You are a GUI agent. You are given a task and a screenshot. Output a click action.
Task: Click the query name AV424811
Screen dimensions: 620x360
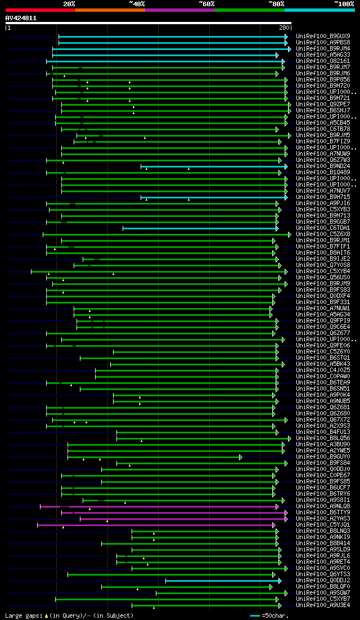[21, 18]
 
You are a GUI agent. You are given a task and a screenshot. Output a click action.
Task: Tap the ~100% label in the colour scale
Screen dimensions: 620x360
[344, 3]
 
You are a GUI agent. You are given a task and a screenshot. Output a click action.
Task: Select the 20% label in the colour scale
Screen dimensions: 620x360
[69, 3]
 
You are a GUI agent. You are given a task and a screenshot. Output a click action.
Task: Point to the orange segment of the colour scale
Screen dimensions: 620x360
[110, 10]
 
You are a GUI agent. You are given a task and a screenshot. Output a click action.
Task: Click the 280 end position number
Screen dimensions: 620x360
[283, 28]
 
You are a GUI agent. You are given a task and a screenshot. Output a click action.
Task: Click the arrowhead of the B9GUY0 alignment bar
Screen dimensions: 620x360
[241, 457]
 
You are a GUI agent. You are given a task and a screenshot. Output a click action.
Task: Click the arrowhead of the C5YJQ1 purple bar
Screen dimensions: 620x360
[274, 525]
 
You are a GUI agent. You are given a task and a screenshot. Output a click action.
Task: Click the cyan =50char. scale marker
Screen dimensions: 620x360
[255, 616]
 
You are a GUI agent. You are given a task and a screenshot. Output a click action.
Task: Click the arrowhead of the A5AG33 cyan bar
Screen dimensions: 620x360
[277, 55]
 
